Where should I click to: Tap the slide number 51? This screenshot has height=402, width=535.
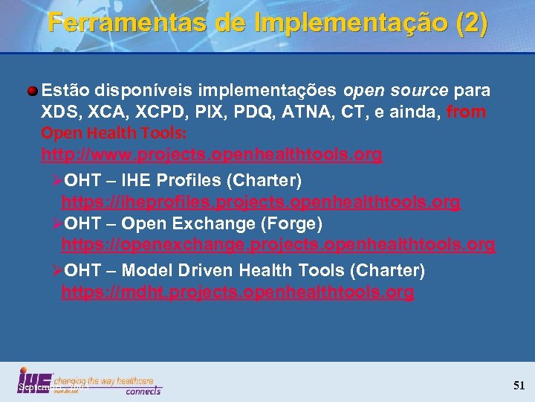[519, 386]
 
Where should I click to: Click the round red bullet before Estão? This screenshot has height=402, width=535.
[33, 91]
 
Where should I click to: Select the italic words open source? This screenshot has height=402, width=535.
[395, 91]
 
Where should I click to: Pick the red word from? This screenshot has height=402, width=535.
[466, 112]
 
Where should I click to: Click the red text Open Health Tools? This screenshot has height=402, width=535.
[114, 133]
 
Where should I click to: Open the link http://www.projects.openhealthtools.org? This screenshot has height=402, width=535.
[212, 155]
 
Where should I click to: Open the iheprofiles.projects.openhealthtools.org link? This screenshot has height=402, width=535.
[261, 202]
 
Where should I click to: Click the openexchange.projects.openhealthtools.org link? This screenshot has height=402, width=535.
[278, 244]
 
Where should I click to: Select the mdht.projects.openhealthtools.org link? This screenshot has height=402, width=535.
[238, 292]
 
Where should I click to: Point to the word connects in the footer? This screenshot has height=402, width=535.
[143, 390]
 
